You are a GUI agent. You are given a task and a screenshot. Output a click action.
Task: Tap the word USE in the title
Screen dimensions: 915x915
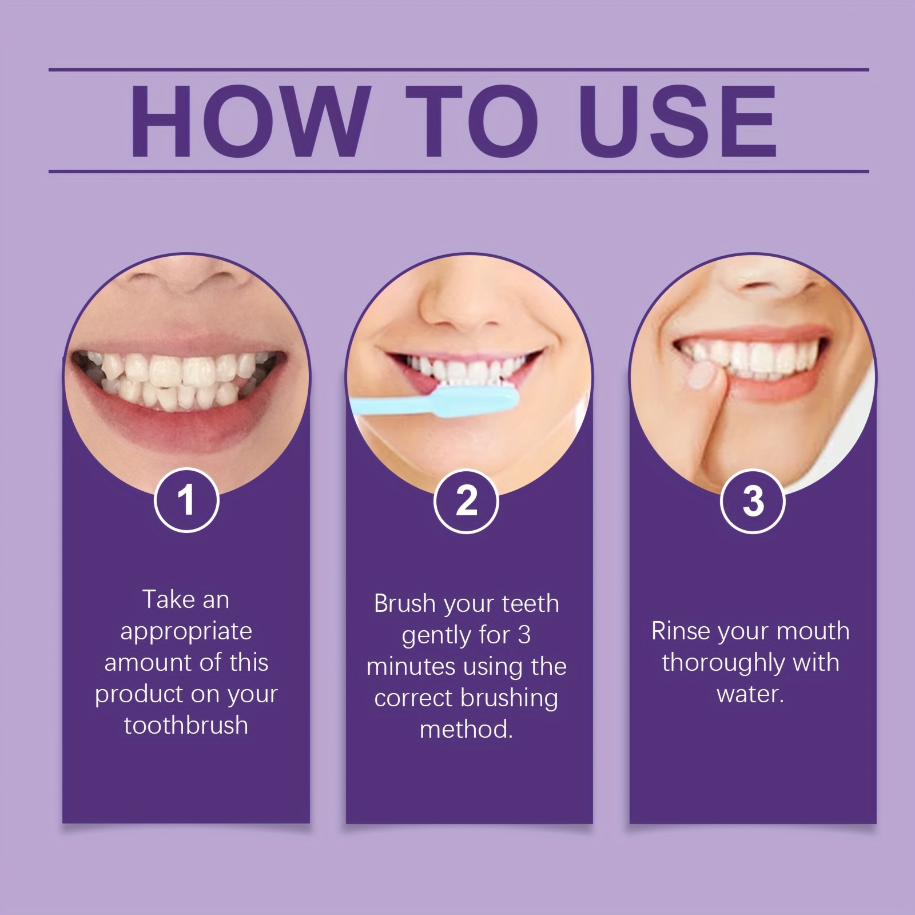678,121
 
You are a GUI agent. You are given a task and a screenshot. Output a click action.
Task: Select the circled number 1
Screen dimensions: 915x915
186,500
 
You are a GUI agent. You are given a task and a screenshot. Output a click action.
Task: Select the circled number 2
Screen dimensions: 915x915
466,500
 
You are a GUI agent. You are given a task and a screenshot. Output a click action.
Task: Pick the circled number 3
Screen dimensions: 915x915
753,500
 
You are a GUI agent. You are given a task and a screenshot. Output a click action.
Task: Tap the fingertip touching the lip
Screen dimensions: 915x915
702,377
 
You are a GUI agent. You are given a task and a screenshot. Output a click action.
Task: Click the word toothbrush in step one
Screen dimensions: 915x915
186,725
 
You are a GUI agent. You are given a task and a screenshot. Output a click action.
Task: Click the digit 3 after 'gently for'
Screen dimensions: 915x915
524,635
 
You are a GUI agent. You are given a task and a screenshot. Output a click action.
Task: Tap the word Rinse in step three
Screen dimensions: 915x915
680,631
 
